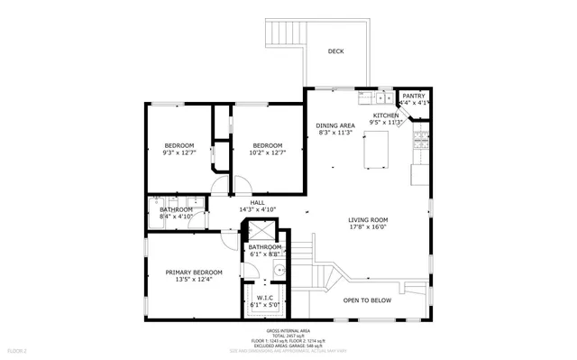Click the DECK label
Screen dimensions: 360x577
click(335, 51)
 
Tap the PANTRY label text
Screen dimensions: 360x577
click(414, 96)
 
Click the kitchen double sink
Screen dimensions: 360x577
click(370, 96)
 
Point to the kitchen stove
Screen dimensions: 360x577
click(420, 140)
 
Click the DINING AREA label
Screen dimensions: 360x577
click(334, 125)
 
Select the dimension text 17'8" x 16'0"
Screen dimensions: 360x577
click(368, 226)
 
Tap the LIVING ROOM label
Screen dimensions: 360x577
click(368, 219)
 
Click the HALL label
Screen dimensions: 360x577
click(257, 203)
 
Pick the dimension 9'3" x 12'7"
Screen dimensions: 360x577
click(179, 153)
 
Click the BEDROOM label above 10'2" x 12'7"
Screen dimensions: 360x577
click(267, 146)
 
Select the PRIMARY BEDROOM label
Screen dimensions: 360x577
click(193, 272)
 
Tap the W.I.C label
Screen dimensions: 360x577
click(265, 298)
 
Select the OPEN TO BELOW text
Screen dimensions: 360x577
click(368, 300)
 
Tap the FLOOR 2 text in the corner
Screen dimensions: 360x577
click(18, 349)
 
